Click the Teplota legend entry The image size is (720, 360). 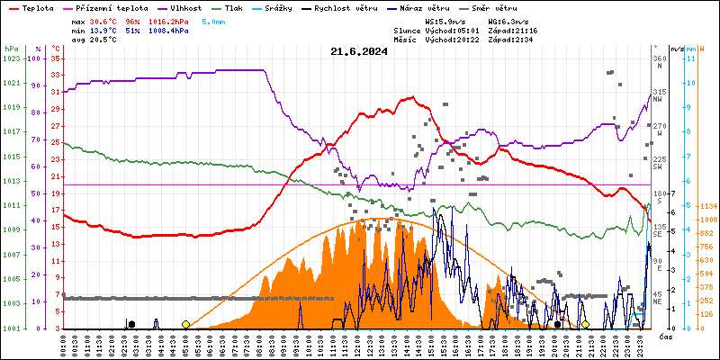tap(37, 7)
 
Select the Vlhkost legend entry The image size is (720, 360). tap(186, 7)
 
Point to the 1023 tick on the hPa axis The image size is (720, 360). tap(11, 58)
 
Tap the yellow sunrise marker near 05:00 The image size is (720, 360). tap(185, 324)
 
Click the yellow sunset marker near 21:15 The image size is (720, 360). tap(585, 324)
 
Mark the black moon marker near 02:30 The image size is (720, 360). tap(131, 324)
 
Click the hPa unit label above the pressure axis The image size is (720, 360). tap(11, 48)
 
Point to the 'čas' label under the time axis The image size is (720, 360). tap(666, 337)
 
